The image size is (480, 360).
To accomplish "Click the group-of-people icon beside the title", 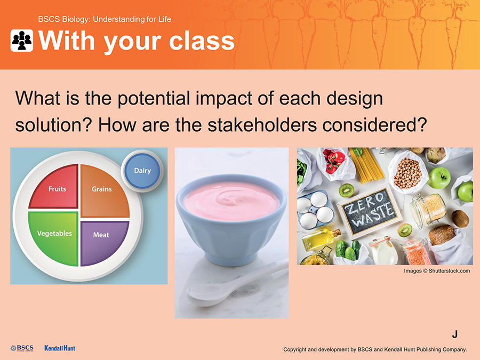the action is tap(22, 41).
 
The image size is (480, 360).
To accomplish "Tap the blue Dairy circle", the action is tap(142, 171).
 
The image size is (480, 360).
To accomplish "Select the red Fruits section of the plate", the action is tap(54, 187).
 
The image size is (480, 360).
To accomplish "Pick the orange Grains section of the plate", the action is tap(103, 190).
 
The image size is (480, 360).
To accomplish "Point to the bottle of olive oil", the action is tap(321, 238).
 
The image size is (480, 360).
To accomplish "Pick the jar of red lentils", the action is tap(415, 252).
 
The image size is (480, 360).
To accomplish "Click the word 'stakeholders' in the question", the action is tap(262, 125).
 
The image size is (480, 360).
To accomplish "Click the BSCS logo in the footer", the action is tap(22, 348).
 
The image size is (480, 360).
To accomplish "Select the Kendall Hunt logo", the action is tap(60, 348).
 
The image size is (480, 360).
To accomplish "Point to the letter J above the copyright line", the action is tap(455, 334).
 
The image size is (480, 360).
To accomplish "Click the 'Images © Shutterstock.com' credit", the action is tap(437, 271).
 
